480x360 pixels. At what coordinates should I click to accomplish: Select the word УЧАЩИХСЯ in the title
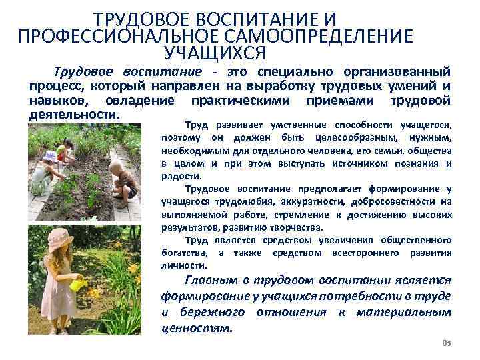tap(215, 51)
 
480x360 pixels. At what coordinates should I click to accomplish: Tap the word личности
tap(179, 265)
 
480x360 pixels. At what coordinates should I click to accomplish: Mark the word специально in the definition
tap(294, 71)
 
